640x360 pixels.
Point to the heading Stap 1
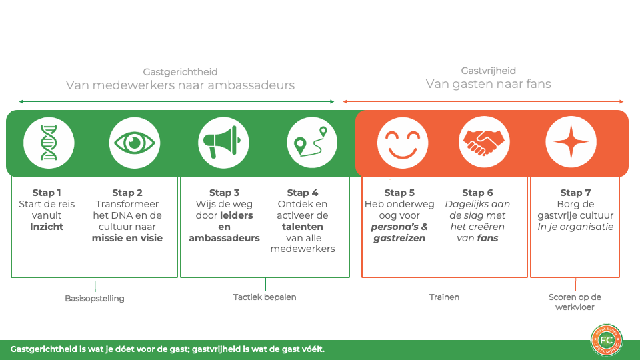point(47,193)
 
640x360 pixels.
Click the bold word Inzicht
point(47,227)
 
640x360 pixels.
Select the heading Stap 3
point(224,193)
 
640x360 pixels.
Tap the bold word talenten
point(303,227)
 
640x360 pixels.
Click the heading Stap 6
point(478,193)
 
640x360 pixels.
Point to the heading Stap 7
point(576,193)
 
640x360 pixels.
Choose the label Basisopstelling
point(95,299)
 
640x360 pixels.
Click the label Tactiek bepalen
point(265,297)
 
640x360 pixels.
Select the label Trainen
point(444,297)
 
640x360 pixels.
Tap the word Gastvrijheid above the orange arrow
point(489,71)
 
